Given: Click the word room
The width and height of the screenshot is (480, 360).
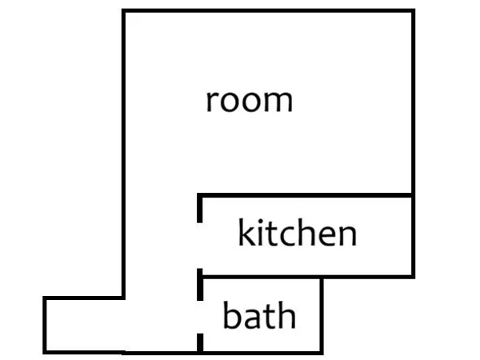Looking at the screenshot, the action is click(250, 101).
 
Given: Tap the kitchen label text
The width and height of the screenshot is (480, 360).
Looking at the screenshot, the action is click(298, 232).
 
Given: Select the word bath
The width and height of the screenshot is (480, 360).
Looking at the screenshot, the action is click(259, 314).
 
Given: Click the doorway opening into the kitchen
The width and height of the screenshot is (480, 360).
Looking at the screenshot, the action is click(199, 246).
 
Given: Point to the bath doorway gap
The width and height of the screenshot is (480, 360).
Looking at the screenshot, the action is click(199, 317).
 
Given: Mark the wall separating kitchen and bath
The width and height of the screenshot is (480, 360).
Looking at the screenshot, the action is click(261, 277).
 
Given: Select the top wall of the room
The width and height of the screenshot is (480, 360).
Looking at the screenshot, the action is click(269, 10).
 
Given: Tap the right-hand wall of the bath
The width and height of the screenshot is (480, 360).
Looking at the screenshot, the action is click(322, 316).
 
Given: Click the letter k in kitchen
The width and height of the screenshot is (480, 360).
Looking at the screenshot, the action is click(246, 232).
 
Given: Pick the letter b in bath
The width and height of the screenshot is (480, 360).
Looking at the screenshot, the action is click(231, 314).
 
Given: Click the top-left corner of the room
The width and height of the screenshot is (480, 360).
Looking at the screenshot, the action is click(123, 10).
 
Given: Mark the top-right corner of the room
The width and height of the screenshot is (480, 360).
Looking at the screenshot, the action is click(414, 10).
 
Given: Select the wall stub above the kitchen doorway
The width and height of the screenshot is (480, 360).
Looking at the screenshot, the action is click(199, 209).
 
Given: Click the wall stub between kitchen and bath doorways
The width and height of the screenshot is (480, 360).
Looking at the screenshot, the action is click(200, 285).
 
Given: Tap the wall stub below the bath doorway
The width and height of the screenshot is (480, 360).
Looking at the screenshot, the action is click(200, 343).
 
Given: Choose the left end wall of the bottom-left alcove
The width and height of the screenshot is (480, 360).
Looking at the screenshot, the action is click(45, 325).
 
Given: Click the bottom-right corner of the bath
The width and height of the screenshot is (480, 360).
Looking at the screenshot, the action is click(322, 353).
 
